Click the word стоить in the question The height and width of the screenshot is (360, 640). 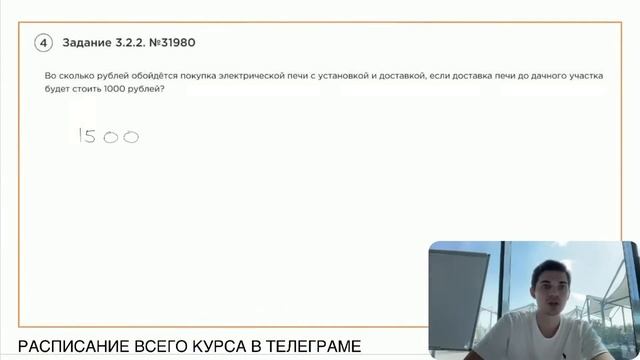pos(80,89)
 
